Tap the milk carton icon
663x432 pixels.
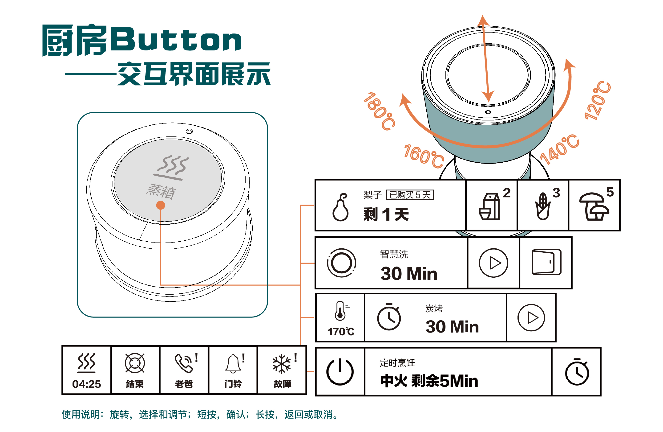(489, 207)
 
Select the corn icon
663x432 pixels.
(542, 207)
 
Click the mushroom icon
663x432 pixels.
(594, 207)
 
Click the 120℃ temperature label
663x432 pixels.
(597, 101)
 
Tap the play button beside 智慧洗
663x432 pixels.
(493, 263)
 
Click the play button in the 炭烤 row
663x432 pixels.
(531, 318)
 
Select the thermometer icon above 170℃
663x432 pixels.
(340, 310)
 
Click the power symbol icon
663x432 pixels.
(340, 372)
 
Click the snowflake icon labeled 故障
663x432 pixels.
(282, 364)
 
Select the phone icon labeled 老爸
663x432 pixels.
(184, 363)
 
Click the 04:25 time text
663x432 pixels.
(86, 384)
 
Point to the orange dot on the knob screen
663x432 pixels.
(161, 205)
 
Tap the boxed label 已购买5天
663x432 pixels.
(410, 195)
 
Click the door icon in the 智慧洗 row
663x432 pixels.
(546, 262)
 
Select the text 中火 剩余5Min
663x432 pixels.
(429, 381)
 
